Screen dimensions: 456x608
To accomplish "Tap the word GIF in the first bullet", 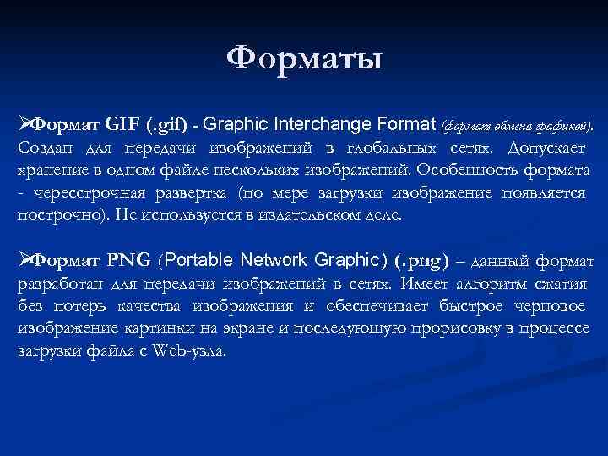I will (x=125, y=126).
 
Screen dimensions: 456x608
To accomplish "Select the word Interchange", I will (x=318, y=125).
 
